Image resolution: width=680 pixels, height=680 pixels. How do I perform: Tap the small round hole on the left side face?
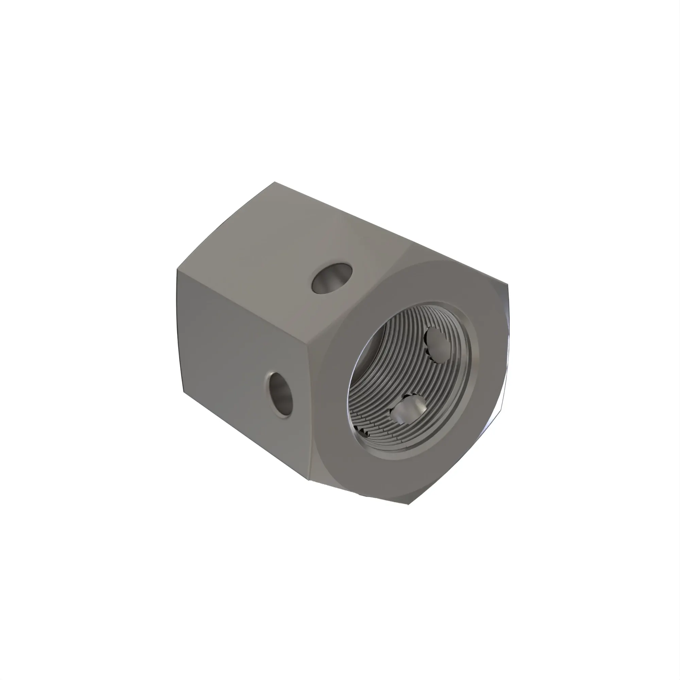point(280,394)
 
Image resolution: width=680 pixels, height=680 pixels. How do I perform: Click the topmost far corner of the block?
point(275,182)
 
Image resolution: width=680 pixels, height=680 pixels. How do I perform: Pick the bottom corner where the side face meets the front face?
point(309,479)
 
